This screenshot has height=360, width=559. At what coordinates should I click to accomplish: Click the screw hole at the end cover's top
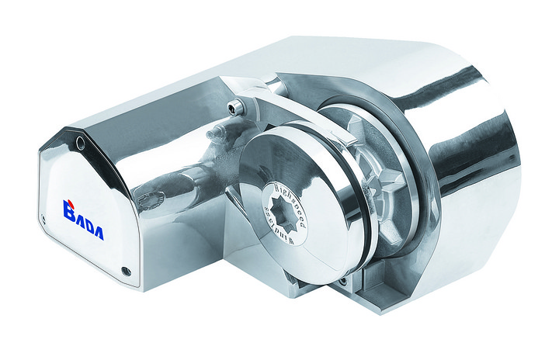click(x=80, y=143)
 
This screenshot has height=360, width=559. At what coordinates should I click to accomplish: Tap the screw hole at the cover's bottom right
click(x=126, y=272)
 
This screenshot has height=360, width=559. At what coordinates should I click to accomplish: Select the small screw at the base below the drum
click(x=341, y=277)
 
